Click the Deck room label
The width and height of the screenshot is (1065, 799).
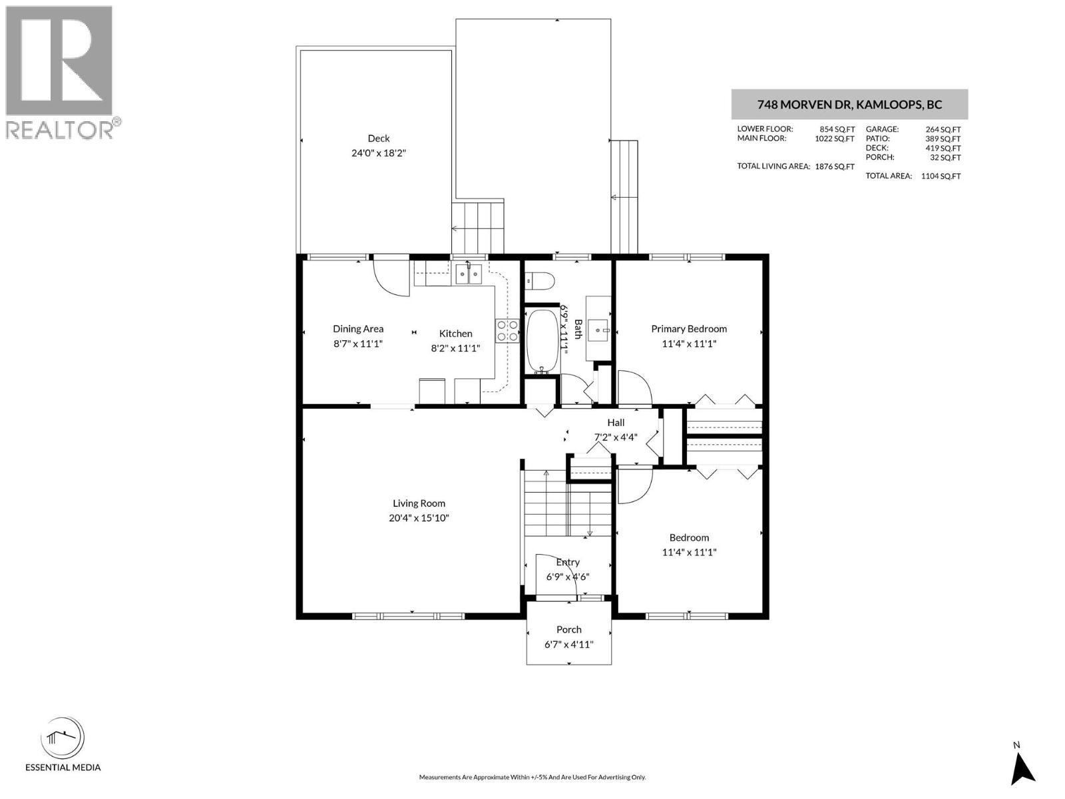[378, 138]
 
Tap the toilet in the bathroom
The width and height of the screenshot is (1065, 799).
[539, 282]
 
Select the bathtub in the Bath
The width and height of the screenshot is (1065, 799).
[544, 340]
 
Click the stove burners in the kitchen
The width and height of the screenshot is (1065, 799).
[507, 331]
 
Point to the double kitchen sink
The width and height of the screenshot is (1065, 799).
[469, 273]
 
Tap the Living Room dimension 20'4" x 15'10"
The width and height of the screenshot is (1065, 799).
[419, 518]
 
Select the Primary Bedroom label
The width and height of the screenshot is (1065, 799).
[689, 329]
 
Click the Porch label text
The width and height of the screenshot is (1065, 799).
[568, 629]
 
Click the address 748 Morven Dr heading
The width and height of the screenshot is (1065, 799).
[849, 105]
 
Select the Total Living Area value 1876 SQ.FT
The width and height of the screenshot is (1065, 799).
[835, 166]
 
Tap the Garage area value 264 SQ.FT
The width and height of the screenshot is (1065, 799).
[943, 130]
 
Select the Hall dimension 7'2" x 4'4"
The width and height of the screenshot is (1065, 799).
[616, 437]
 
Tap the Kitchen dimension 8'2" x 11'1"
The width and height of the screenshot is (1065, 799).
[455, 348]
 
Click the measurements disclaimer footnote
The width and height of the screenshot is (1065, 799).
[532, 777]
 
